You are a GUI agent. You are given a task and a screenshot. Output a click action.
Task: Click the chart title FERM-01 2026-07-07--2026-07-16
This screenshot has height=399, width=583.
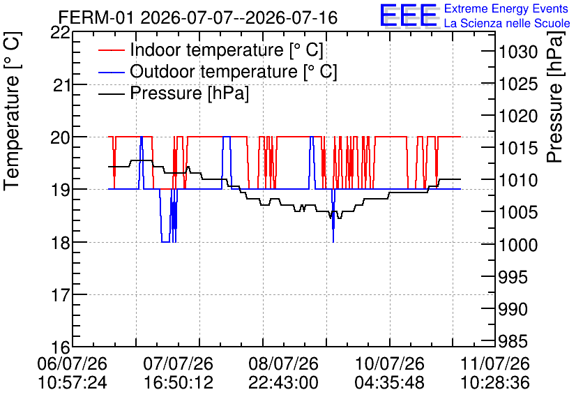(x=198, y=18)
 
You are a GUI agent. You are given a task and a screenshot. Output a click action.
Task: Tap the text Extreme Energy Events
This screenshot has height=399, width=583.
(x=506, y=8)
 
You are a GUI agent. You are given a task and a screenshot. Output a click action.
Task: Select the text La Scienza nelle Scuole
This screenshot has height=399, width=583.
(x=507, y=24)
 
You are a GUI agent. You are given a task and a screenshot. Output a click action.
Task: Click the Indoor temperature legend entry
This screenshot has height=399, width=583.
(x=211, y=50)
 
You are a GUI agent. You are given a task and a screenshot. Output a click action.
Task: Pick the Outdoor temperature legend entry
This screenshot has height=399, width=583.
(x=218, y=71)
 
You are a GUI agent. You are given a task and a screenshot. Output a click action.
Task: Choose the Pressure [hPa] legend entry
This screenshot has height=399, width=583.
(x=174, y=93)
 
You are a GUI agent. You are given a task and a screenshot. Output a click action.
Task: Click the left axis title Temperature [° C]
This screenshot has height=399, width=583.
(x=12, y=112)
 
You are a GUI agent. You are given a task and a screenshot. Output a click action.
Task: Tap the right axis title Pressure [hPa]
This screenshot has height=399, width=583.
(x=555, y=97)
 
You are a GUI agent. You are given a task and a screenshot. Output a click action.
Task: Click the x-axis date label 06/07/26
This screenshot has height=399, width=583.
(x=72, y=363)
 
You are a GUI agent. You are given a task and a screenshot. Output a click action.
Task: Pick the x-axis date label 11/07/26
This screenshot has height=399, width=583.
(x=495, y=363)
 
